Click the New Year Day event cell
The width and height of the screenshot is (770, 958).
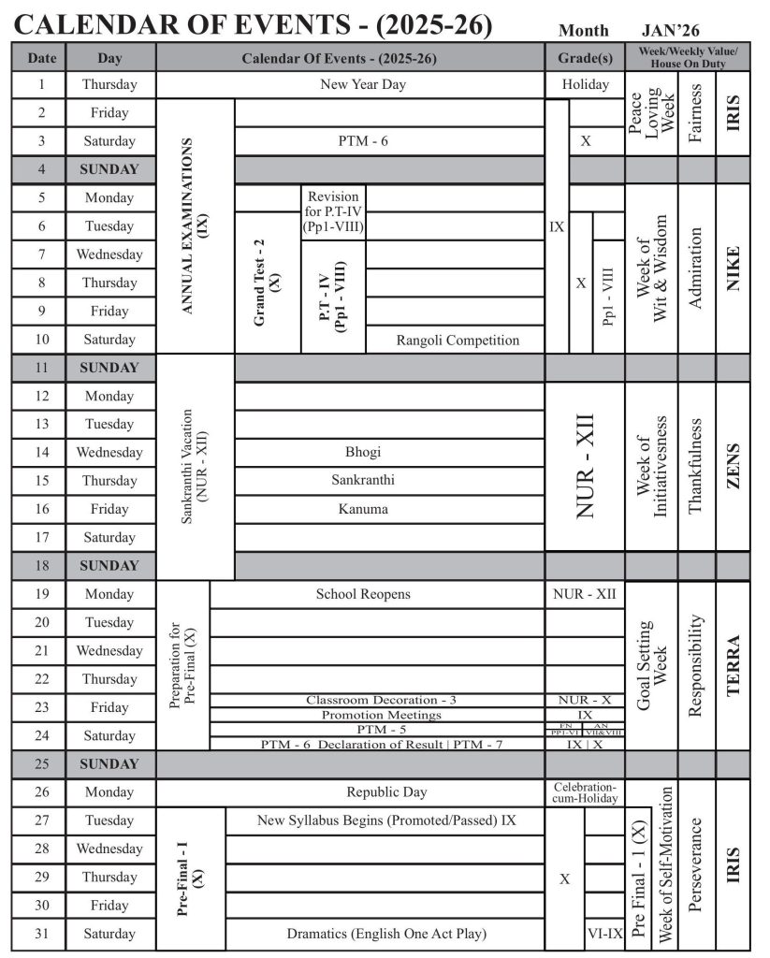pos(350,84)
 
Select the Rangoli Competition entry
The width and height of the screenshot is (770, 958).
pos(458,340)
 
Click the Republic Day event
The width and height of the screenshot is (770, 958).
pos(386,792)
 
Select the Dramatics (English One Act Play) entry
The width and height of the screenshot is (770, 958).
pos(386,934)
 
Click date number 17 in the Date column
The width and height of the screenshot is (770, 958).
pos(41,537)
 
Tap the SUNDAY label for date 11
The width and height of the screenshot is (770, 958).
pos(109,368)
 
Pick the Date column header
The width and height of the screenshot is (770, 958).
pos(41,58)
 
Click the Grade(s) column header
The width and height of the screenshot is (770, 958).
pos(585,58)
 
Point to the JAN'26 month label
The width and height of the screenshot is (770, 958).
pos(672,31)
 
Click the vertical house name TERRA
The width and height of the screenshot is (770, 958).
pos(733,665)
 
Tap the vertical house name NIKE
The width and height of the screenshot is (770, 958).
pos(733,269)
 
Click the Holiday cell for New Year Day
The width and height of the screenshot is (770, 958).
pos(585,84)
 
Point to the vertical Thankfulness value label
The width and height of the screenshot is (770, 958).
pos(694,466)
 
